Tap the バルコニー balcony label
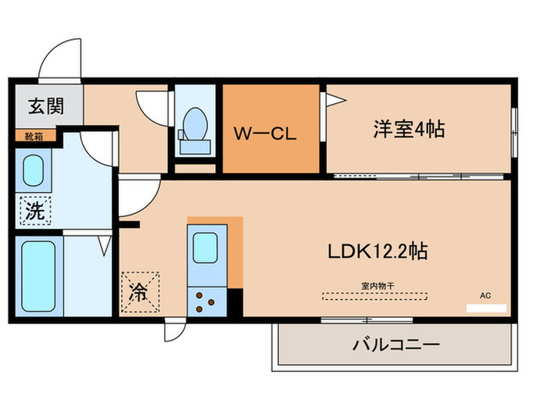pyautogui.click(x=397, y=344)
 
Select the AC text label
pyautogui.click(x=486, y=295)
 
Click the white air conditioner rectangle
pyautogui.click(x=486, y=308)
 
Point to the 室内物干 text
pyautogui.click(x=376, y=285)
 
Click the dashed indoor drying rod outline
pyautogui.click(x=376, y=296)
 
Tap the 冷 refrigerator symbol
pyautogui.click(x=139, y=292)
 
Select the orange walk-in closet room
pyautogui.click(x=272, y=129)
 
